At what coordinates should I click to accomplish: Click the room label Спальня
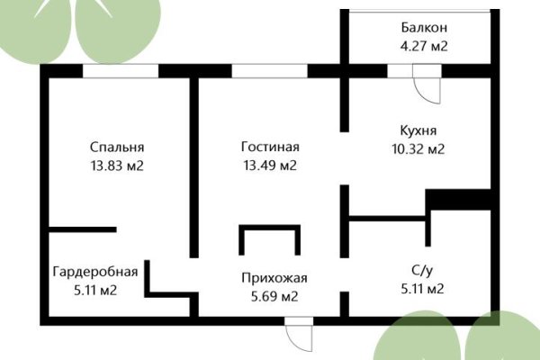tap(117, 147)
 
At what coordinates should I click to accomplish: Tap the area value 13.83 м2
tap(117, 166)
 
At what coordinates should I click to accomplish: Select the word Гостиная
tap(270, 147)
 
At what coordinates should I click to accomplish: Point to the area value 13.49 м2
tap(270, 166)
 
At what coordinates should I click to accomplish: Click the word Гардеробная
tap(94, 271)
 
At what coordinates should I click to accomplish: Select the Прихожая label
tap(270, 277)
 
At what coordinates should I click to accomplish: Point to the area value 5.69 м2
tap(270, 295)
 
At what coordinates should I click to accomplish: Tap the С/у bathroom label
tap(423, 270)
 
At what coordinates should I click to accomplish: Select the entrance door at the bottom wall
tap(298, 335)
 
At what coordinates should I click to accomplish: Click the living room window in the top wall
tap(269, 71)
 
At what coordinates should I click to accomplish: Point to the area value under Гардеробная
tap(94, 290)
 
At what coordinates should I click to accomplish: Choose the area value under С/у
tap(423, 289)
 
